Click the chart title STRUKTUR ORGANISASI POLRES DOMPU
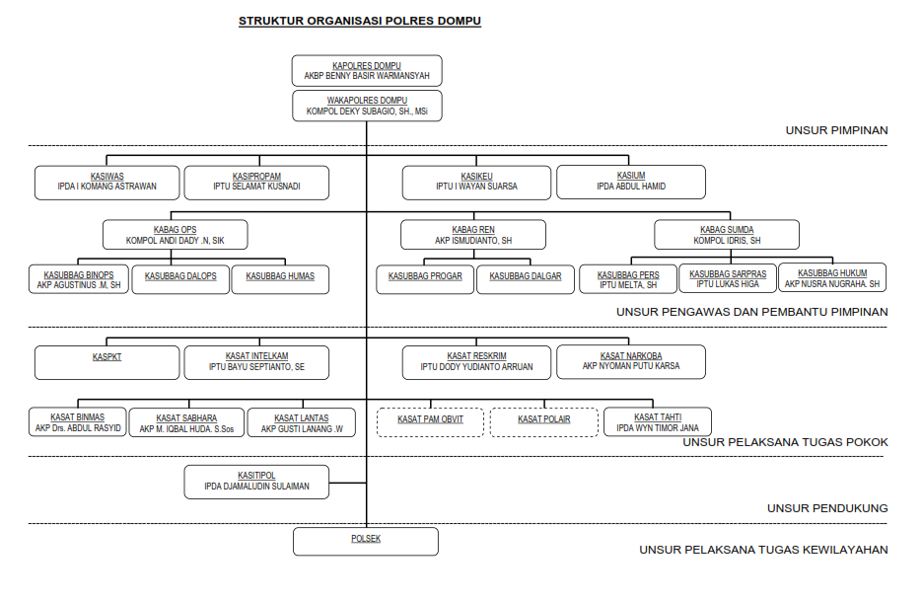tap(360, 21)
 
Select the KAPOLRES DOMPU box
tap(367, 70)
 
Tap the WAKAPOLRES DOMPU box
tap(367, 106)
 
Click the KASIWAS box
tap(106, 182)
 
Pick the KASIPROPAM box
tap(257, 182)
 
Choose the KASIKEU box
tap(476, 182)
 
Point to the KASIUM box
tap(631, 182)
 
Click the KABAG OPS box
tap(176, 235)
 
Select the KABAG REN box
tap(473, 235)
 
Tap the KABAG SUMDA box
tap(727, 235)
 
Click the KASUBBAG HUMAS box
tap(280, 279)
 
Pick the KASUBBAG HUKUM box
tap(832, 278)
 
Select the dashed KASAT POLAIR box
tap(544, 422)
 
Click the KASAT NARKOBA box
tap(631, 361)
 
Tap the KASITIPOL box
tap(256, 481)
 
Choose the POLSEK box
tap(366, 541)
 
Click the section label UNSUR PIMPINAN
tap(836, 130)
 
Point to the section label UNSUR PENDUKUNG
tap(827, 508)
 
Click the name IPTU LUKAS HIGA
tap(728, 284)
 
